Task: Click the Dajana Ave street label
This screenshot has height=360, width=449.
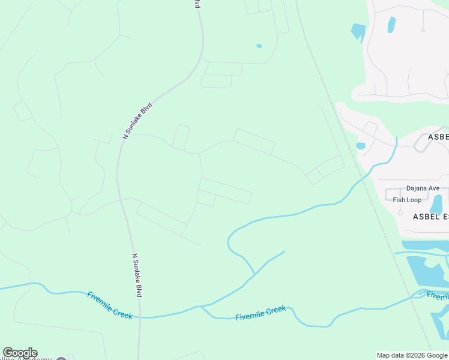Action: (x=423, y=188)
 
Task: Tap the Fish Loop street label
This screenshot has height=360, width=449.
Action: (x=407, y=200)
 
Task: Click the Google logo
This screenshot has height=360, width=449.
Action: (x=20, y=353)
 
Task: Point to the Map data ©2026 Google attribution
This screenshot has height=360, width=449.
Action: (x=412, y=355)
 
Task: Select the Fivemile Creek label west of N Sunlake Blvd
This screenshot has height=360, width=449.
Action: (x=110, y=305)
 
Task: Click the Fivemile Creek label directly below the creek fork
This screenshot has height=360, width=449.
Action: (x=261, y=313)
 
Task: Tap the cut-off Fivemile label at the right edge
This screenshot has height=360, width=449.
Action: (x=438, y=296)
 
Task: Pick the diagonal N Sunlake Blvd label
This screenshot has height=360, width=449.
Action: (x=138, y=121)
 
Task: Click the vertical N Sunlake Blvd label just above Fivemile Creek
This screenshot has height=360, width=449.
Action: (x=136, y=275)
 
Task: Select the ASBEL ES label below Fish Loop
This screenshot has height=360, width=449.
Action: (x=430, y=216)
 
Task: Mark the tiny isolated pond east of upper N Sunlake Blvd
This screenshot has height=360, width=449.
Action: (x=259, y=46)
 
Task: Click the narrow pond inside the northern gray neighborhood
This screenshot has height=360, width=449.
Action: (x=391, y=25)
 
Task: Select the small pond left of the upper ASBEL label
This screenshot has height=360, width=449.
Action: (x=360, y=145)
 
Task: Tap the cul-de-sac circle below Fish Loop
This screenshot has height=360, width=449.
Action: (x=400, y=212)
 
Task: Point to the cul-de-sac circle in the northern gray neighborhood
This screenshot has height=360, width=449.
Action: (x=423, y=30)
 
